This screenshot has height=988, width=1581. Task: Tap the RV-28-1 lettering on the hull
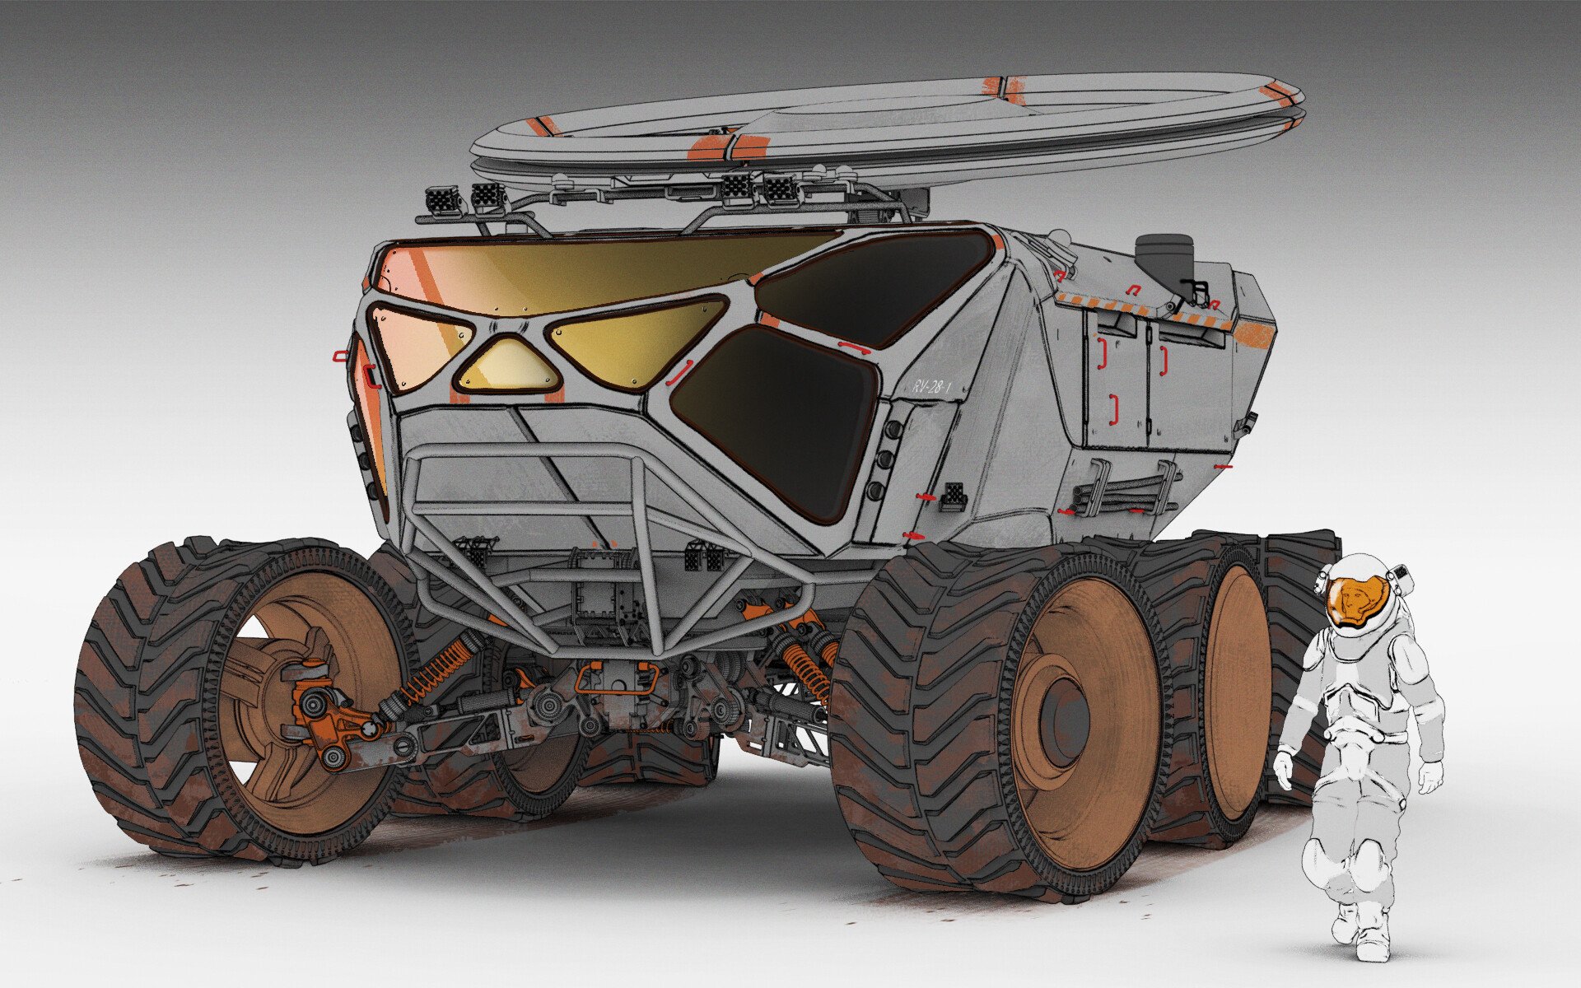pos(931,385)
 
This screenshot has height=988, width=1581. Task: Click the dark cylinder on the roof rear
pos(1164,257)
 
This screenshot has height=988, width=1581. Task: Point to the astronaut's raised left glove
pos(1283,766)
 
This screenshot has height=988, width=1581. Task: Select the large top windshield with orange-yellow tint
pos(593,272)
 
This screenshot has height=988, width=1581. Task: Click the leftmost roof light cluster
pos(442,200)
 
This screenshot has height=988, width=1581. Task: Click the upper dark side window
pos(873,284)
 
